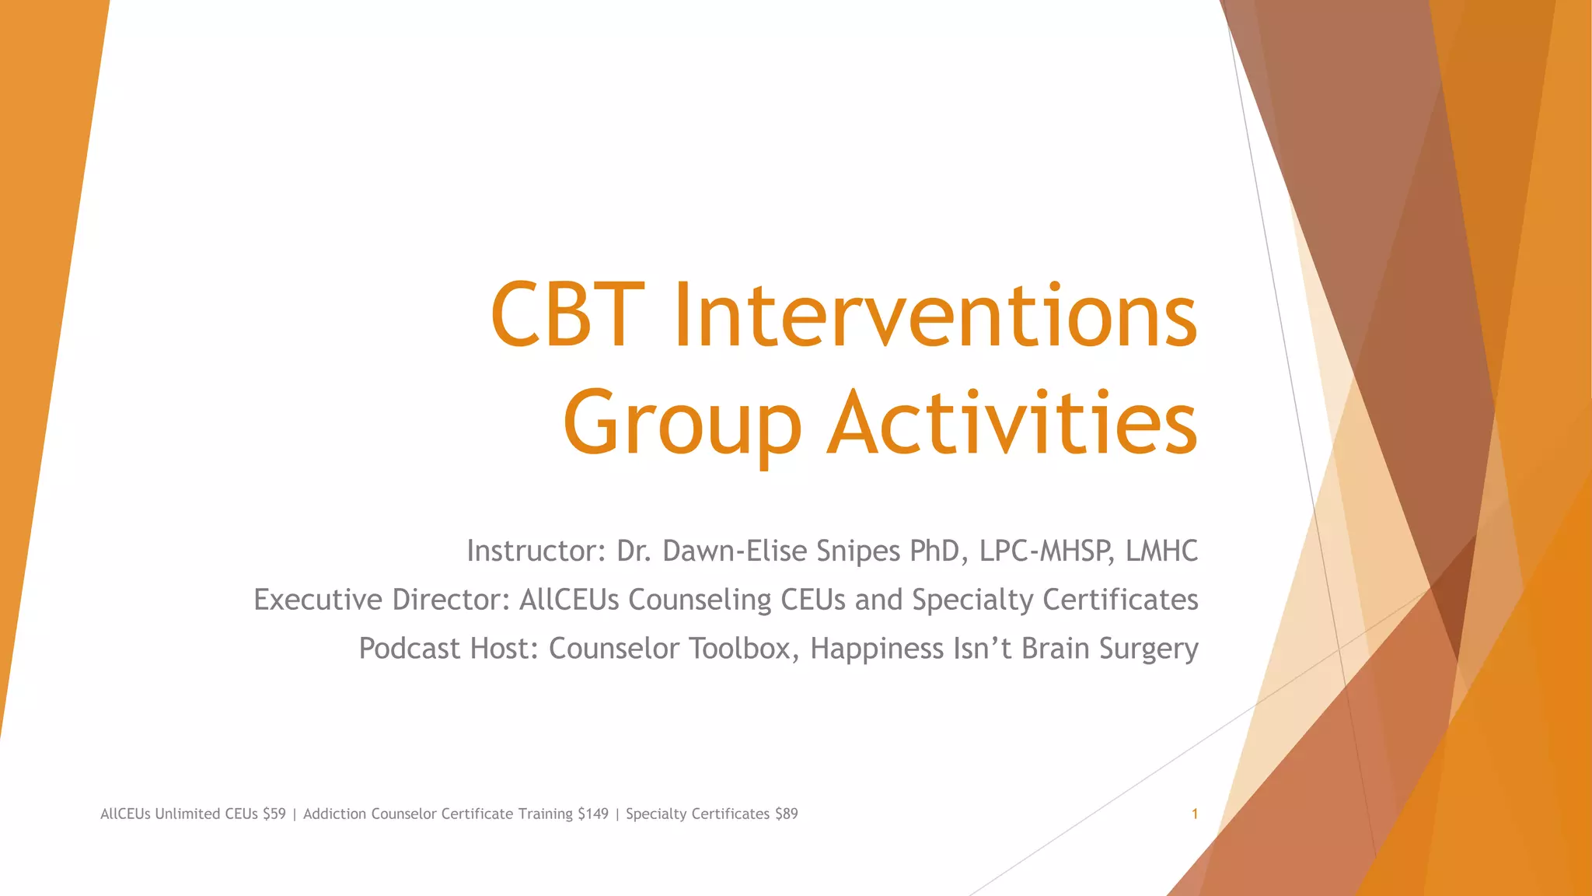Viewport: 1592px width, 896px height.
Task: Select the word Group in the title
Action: (682, 424)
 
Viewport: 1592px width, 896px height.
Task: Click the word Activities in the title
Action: (1011, 424)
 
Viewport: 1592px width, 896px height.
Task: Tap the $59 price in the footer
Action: (274, 814)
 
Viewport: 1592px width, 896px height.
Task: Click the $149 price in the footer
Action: (593, 814)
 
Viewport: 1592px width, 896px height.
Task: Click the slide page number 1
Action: (1194, 814)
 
